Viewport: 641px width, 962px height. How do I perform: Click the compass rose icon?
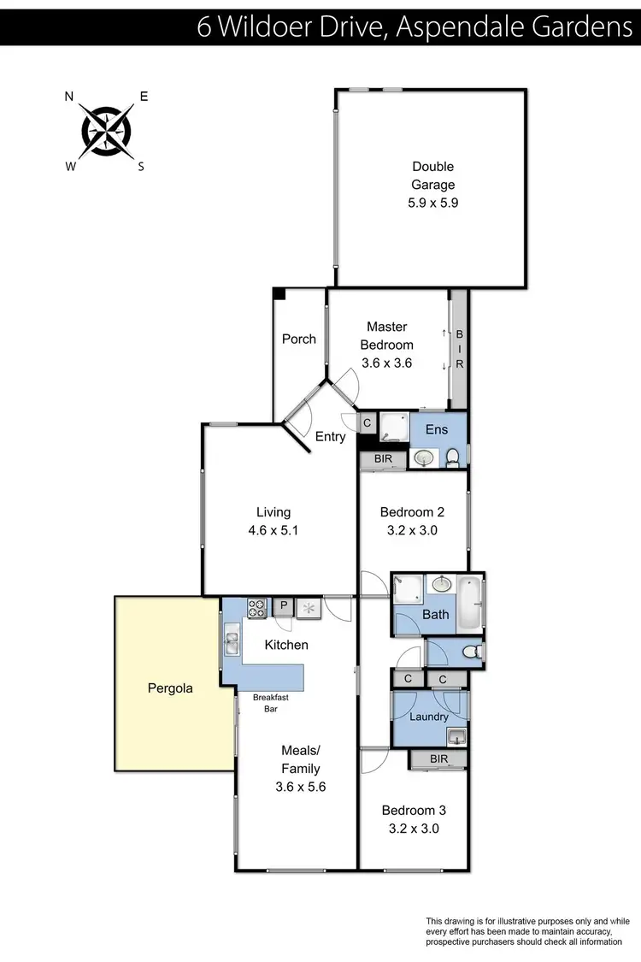pos(107,131)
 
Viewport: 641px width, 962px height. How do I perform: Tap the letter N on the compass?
pos(69,97)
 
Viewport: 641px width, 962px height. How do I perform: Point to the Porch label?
pos(299,339)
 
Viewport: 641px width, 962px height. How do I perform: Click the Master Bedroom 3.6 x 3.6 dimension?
pos(386,363)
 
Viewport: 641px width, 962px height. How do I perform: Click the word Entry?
pos(331,437)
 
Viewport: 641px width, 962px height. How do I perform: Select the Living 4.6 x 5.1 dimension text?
pos(273,530)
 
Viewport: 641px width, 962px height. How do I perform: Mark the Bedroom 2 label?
pos(412,512)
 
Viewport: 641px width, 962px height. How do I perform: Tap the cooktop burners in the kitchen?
pos(256,607)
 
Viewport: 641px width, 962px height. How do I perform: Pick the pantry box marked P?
pos(283,607)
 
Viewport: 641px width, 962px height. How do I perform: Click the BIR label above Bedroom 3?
pos(438,758)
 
